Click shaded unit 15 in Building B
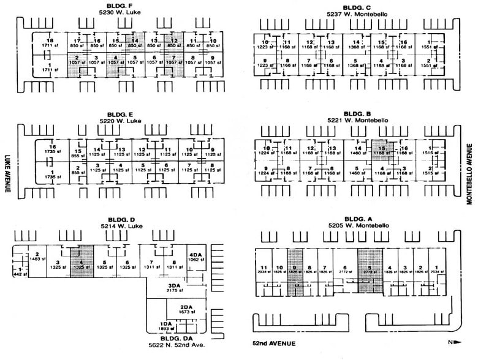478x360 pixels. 380,151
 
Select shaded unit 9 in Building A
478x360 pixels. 295,269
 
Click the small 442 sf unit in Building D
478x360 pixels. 20,272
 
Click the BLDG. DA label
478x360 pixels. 173,337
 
